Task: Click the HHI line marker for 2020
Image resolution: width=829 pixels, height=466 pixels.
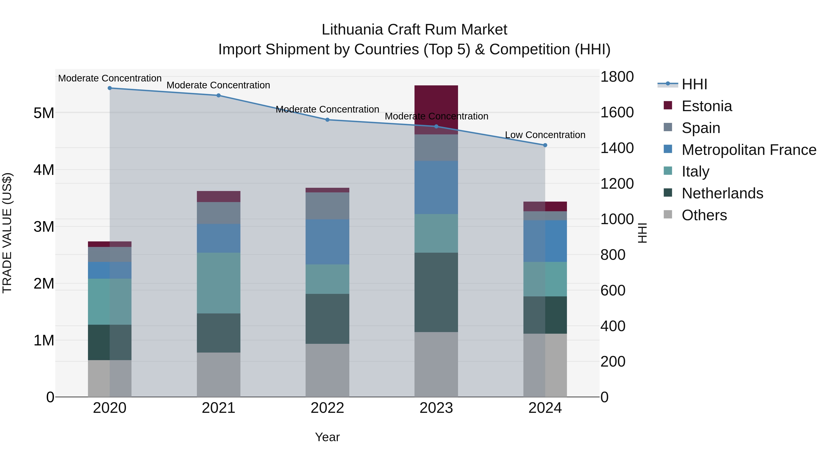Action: coord(110,88)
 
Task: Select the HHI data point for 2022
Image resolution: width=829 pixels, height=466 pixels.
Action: coord(327,120)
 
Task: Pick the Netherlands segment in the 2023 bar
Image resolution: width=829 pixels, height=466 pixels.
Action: coord(436,292)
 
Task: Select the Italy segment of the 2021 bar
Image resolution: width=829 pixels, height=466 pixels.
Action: coord(219,283)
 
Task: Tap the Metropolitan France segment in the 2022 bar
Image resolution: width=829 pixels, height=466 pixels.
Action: coord(327,242)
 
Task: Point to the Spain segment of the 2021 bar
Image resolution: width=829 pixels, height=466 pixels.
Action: coord(219,213)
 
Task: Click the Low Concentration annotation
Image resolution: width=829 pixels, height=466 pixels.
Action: coord(545,135)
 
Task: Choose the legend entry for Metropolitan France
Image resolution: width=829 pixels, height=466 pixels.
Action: coord(749,150)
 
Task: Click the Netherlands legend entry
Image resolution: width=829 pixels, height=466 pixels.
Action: coord(722,194)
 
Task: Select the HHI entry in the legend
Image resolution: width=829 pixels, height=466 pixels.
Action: coord(694,84)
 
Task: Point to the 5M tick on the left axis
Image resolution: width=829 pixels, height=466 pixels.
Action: coord(44,113)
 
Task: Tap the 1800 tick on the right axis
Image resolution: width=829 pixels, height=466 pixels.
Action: coord(617,77)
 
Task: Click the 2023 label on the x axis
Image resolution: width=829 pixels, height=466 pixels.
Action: coord(436,408)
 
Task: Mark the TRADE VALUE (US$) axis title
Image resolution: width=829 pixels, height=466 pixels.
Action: coord(7,233)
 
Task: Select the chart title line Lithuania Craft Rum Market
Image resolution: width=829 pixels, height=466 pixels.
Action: coord(414,30)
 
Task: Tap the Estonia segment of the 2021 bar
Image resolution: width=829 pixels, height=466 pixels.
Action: coord(219,197)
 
